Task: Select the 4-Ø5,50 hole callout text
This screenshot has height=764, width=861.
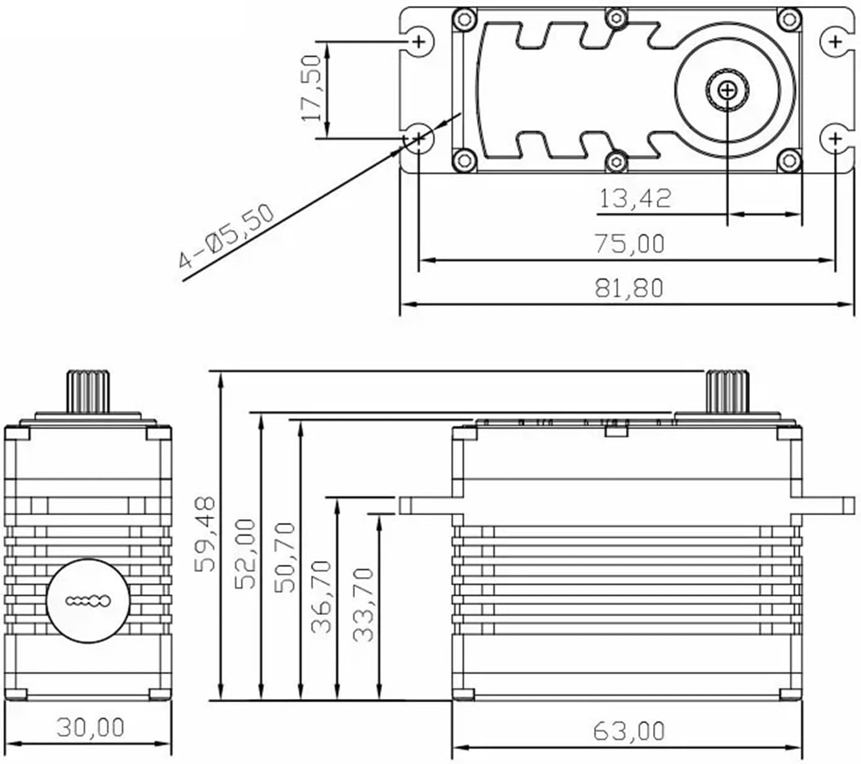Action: point(226,236)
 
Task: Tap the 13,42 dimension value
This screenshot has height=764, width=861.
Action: point(635,198)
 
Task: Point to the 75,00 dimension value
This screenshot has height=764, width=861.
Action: point(629,244)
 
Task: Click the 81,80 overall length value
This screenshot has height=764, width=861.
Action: point(629,287)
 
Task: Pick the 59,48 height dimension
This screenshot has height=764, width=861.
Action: point(205,534)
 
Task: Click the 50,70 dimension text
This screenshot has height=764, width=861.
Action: point(285,557)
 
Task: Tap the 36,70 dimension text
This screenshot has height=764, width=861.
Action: point(322,595)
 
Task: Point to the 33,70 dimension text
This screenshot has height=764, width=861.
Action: point(363,604)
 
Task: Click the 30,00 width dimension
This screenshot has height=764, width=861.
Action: point(90,727)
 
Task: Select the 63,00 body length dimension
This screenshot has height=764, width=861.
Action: point(629,731)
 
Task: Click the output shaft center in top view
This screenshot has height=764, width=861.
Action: point(727,91)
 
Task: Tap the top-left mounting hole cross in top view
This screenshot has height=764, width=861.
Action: point(419,43)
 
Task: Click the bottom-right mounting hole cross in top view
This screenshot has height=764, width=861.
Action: point(835,138)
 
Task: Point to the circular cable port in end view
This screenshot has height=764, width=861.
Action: point(89,600)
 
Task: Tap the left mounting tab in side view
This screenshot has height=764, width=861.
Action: point(425,505)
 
